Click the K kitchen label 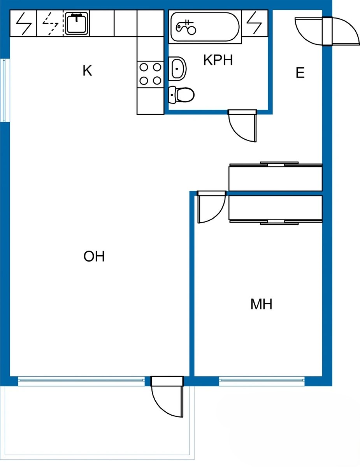click(x=87, y=71)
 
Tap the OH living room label click(x=94, y=256)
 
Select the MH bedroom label click(x=261, y=304)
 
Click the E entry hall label click(x=300, y=73)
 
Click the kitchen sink click(x=76, y=23)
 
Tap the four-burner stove click(x=150, y=74)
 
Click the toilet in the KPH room click(x=182, y=94)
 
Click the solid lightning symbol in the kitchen click(x=23, y=23)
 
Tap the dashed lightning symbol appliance click(x=50, y=23)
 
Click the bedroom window click(x=262, y=381)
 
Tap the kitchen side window click(x=4, y=90)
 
